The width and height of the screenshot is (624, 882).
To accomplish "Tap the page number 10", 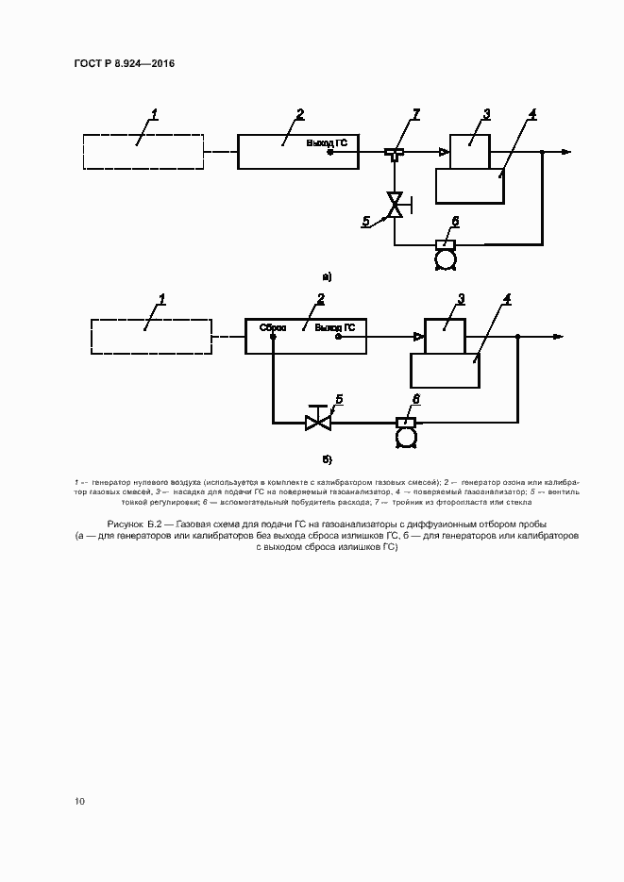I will pos(80,801).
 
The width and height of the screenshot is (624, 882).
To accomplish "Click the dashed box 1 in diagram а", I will pos(143,151).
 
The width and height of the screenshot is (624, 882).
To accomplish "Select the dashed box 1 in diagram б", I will pos(151,336).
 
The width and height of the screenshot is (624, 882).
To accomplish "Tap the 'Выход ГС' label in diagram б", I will pos(334,328).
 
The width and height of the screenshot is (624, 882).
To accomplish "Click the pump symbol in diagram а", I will pos(444,252).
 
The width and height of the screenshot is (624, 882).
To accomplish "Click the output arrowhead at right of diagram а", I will pos(565,152).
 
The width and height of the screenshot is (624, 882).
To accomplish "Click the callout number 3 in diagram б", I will pos(461,299).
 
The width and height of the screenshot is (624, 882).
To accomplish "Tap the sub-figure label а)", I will pos(327,277).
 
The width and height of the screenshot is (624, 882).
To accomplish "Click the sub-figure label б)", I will pos(327,459).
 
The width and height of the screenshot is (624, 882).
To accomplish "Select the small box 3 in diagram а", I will pos(469,149).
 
